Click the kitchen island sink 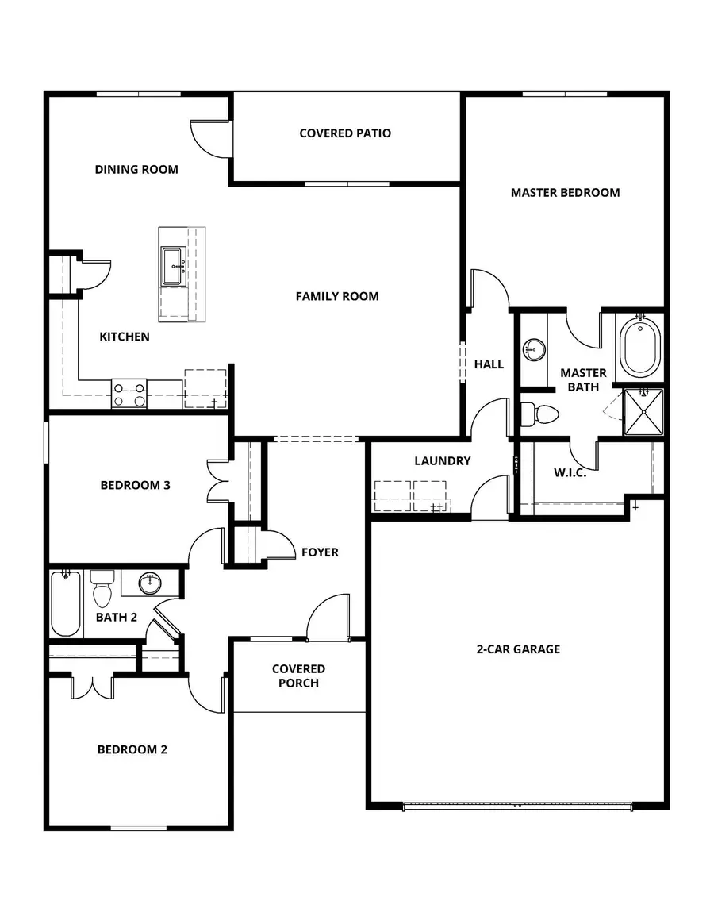[x=174, y=266]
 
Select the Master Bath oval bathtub [x=640, y=348]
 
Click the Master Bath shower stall [x=643, y=412]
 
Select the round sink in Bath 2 [x=148, y=583]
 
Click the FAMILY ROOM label [x=337, y=296]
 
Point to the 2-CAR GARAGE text [x=518, y=649]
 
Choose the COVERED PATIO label [x=345, y=133]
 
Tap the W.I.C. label [x=570, y=472]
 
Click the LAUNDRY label [x=442, y=460]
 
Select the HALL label [x=489, y=364]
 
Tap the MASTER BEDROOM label [x=565, y=192]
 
